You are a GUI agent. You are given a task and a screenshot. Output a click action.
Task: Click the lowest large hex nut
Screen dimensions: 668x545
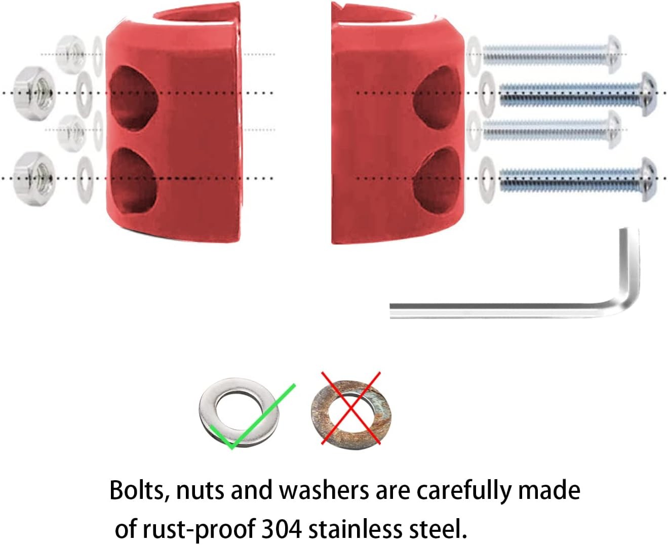coord(34,179)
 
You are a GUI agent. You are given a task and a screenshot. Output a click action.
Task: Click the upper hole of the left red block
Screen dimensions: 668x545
coord(133,97)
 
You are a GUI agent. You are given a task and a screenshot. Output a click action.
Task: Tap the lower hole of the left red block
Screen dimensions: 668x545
coord(133,181)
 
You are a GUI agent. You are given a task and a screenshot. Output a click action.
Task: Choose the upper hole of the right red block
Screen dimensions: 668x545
coord(438,97)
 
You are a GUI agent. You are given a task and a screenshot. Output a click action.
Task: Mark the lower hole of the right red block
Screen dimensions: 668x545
coord(437,181)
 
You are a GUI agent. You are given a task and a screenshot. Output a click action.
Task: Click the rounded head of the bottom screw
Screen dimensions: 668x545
coord(649,179)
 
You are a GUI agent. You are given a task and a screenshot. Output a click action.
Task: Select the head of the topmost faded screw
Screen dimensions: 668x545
coord(614,54)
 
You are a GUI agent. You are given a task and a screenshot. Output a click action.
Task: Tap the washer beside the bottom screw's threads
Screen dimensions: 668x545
coord(487,180)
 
